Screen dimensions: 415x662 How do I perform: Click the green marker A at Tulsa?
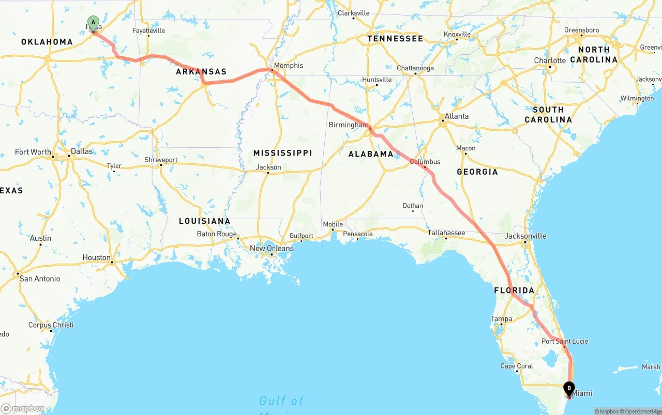93,23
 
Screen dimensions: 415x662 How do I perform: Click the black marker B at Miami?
569,388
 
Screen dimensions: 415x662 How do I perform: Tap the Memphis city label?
289,66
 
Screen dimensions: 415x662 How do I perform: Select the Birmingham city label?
349,125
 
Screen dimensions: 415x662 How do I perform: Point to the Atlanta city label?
457,116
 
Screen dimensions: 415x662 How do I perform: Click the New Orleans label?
272,249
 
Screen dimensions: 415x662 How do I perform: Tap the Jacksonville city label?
525,236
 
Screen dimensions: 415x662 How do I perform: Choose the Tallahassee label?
446,233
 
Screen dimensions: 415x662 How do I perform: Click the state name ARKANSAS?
201,72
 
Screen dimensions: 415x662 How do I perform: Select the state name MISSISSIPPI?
282,153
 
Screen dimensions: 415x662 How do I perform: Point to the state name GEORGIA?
477,172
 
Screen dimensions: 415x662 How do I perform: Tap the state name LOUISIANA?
204,221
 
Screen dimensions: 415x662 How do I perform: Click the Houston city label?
96,257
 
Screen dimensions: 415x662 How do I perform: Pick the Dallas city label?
82,151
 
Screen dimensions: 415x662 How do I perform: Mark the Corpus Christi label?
51,325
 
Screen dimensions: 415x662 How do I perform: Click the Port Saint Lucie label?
564,341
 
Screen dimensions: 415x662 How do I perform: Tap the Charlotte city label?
550,60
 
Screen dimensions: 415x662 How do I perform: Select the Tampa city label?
501,319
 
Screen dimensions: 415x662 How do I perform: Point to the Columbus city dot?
425,167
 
